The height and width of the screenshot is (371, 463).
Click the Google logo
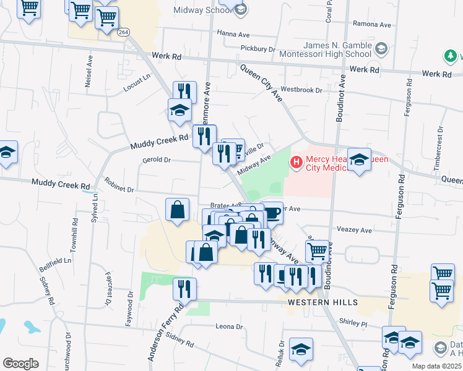pyautogui.click(x=21, y=364)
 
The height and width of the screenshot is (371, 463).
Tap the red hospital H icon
pyautogui.click(x=296, y=163)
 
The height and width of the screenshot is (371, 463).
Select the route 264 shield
pyautogui.click(x=124, y=32)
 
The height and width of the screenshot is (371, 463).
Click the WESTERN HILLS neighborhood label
pyautogui.click(x=322, y=302)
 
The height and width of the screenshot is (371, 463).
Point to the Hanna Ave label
pyautogui.click(x=232, y=33)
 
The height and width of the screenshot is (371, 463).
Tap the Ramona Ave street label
pyautogui.click(x=371, y=25)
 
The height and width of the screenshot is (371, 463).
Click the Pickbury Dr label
pyautogui.click(x=257, y=48)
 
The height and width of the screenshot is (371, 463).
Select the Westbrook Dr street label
pyautogui.click(x=302, y=90)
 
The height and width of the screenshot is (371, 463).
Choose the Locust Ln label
pyautogui.click(x=137, y=83)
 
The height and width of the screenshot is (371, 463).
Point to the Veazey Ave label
pyautogui.click(x=353, y=230)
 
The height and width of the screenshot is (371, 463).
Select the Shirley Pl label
pyautogui.click(x=354, y=323)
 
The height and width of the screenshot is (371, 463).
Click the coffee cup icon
pyautogui.click(x=273, y=214)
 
